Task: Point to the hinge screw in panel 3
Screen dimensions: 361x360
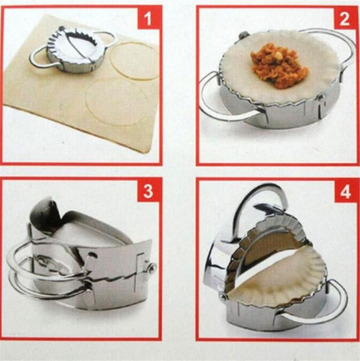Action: coord(151,268)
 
